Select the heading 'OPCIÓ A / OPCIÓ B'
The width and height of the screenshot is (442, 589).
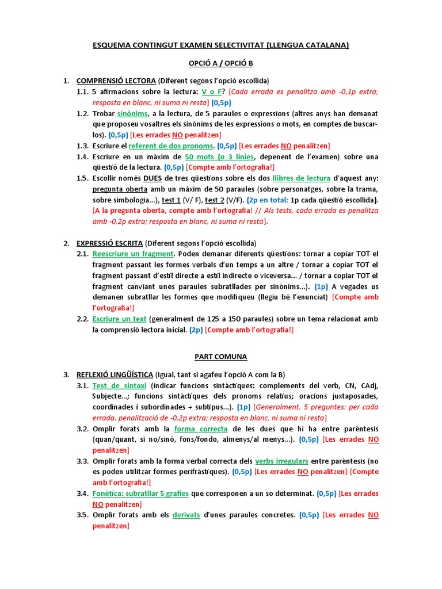pos(220,63)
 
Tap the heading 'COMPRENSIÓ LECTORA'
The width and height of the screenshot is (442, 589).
pos(116,81)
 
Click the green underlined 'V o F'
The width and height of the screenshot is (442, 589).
pos(212,91)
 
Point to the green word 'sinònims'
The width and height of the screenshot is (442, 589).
pos(132,113)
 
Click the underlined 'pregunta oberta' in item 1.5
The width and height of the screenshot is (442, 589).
pos(120,189)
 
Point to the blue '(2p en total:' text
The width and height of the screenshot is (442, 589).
pos(269,200)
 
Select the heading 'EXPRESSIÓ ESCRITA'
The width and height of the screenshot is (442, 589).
pos(109,243)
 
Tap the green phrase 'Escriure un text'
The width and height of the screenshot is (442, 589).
pos(119,319)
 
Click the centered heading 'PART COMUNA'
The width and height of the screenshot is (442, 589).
pos(220,357)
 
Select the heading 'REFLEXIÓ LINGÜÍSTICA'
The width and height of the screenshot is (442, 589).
pos(117,374)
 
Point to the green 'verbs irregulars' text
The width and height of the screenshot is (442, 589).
pos(282,461)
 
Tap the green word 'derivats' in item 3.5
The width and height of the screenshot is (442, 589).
pos(186,515)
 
